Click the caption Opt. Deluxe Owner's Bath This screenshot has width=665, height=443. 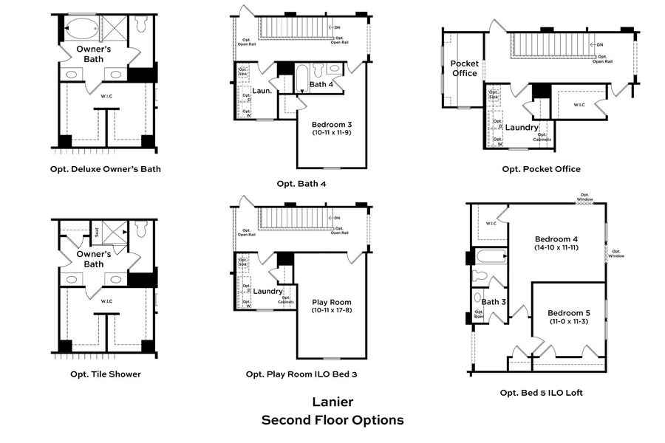click(105, 169)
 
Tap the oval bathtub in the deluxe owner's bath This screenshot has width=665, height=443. click(82, 30)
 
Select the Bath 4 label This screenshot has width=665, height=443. click(321, 85)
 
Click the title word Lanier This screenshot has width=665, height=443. click(332, 402)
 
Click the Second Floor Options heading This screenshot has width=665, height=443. click(332, 420)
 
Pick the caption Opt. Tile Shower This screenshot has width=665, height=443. click(105, 374)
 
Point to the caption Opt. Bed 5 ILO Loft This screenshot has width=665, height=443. click(541, 393)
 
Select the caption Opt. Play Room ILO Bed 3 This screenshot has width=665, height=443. click(301, 374)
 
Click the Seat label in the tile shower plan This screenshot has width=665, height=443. click(97, 231)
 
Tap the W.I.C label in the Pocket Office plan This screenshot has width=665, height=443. click(579, 104)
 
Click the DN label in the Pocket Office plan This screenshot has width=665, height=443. click(599, 44)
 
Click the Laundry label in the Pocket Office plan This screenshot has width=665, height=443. click(522, 128)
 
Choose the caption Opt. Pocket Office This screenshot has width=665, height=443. click(541, 169)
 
